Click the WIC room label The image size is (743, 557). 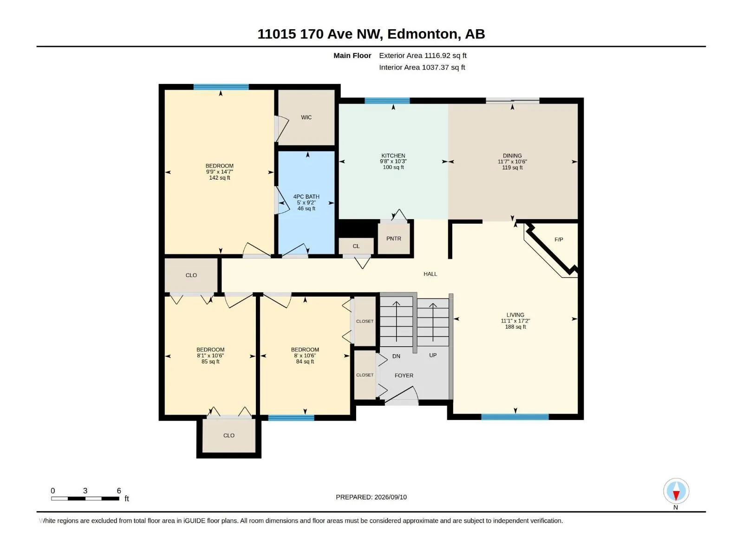306,117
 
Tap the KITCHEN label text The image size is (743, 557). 393,156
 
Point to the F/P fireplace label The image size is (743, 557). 559,240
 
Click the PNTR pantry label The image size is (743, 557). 393,239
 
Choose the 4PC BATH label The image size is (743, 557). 306,196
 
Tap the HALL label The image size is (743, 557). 430,274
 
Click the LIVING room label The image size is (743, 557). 515,315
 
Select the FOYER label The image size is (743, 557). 404,376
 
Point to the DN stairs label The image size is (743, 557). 396,356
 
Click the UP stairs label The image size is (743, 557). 433,355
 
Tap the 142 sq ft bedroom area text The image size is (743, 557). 219,178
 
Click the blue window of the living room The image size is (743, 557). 515,417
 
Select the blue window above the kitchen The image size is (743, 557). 387,100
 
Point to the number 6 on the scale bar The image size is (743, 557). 119,490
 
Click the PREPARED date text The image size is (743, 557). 371,497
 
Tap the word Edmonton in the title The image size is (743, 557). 422,34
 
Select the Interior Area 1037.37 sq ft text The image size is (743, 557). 422,67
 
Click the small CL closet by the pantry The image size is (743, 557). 356,246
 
